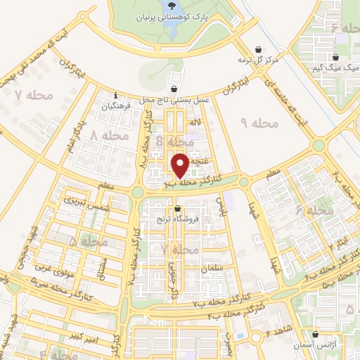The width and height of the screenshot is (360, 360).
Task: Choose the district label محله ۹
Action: (260, 124)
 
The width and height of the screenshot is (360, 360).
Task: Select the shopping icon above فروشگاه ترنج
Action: (177, 209)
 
